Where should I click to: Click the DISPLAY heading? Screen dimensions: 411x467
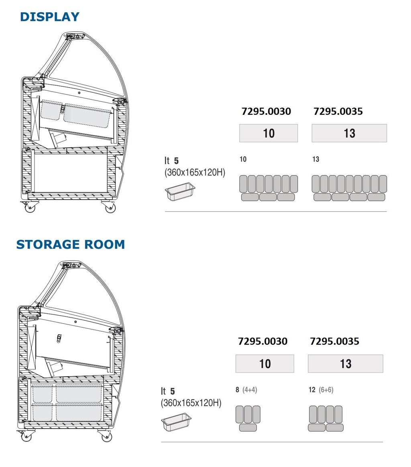tap(50, 17)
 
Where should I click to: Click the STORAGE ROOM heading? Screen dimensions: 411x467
tap(71, 245)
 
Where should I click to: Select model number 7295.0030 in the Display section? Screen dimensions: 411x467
tap(266, 111)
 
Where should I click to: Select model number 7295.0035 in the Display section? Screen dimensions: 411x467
tap(338, 111)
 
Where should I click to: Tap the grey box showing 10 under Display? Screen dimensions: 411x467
tap(269, 133)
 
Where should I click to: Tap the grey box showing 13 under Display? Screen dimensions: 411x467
tap(350, 133)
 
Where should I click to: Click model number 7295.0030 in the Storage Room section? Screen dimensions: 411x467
tap(263, 341)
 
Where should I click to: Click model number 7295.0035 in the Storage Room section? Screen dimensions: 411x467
tap(334, 341)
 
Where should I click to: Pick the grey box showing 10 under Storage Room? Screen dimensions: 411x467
tap(265, 364)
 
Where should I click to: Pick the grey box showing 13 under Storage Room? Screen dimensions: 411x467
tap(346, 364)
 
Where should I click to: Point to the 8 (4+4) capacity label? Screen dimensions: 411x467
tap(246, 390)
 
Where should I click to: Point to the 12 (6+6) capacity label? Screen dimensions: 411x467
tap(321, 390)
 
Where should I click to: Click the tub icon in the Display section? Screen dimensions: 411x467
tap(180, 192)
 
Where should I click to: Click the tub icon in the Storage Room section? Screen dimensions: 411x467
tap(176, 422)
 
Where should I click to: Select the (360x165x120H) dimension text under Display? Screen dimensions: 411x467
tap(195, 172)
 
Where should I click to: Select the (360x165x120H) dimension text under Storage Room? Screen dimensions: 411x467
tap(191, 403)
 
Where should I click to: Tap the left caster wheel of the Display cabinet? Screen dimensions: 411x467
tap(30, 208)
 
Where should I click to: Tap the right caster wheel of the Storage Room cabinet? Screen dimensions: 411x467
tap(107, 437)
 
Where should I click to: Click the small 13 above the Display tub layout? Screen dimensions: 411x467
tap(316, 159)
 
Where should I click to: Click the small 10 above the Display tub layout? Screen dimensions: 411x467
tap(243, 159)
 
